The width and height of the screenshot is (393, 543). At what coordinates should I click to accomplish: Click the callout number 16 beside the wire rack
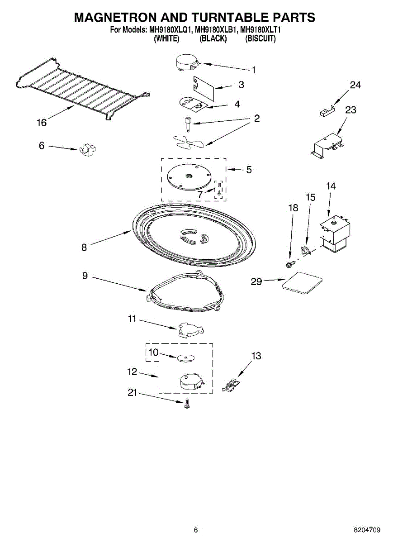tap(42, 123)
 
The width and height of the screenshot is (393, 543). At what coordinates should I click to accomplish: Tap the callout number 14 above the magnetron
tap(331, 186)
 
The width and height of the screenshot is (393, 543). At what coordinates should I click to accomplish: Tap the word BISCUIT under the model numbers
tap(260, 39)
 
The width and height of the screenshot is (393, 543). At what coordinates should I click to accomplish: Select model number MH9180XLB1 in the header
tap(216, 30)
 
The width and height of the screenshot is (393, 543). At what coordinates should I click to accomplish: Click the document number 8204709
tap(367, 530)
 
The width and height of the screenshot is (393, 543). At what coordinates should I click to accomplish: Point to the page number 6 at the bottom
tap(195, 530)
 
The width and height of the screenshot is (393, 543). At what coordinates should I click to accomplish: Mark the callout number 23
tap(350, 110)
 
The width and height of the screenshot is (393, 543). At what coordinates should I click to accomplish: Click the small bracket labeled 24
tap(325, 111)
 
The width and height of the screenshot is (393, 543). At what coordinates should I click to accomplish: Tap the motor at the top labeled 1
tap(187, 62)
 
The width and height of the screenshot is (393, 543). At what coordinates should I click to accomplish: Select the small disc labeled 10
tap(184, 358)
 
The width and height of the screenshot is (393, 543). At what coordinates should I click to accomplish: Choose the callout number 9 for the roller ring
tap(85, 276)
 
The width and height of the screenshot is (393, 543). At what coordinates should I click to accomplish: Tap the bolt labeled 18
tap(289, 262)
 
